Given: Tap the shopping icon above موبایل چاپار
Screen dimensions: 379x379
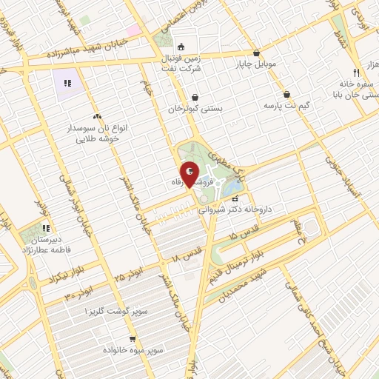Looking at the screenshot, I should pyautogui.click(x=256, y=53).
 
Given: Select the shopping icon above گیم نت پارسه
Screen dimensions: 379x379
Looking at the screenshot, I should pyautogui.click(x=286, y=95).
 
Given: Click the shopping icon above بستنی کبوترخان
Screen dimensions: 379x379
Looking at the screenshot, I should pyautogui.click(x=195, y=97).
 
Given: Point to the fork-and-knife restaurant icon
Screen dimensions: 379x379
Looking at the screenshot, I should pyautogui.click(x=356, y=73).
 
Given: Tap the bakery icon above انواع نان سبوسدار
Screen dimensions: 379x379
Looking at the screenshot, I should pyautogui.click(x=97, y=116).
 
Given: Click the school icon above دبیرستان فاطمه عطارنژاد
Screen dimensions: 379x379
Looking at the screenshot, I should pyautogui.click(x=45, y=228).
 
